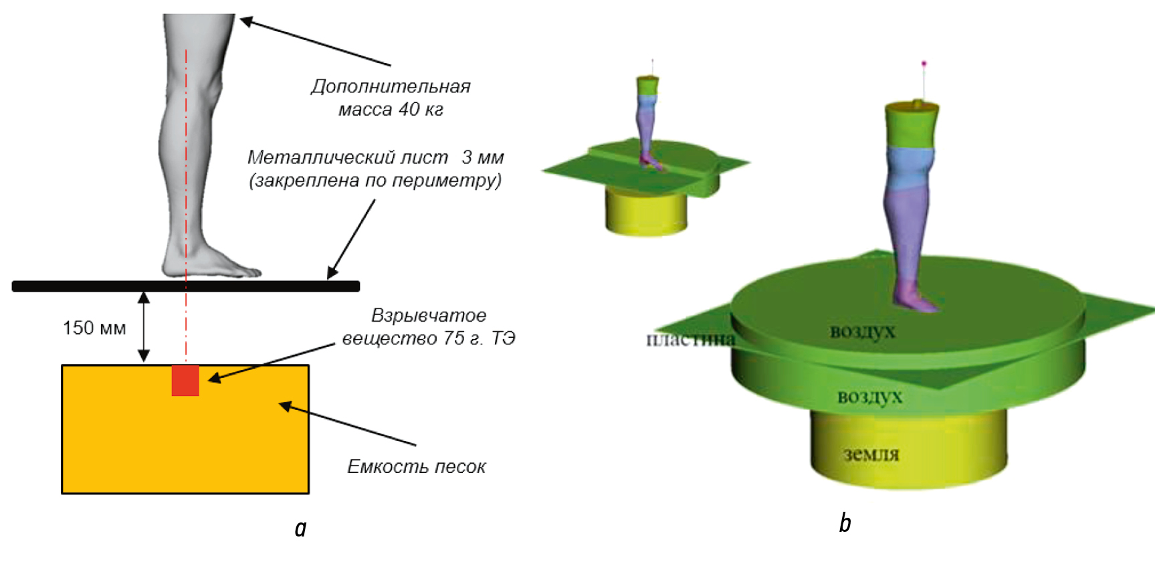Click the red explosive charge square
click(x=185, y=380)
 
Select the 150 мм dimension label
click(x=94, y=328)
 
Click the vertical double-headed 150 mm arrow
click(x=144, y=327)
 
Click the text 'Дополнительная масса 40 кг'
click(x=391, y=98)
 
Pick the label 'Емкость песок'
click(x=416, y=467)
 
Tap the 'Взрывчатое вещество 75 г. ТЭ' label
click(x=429, y=327)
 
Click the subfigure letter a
click(x=300, y=528)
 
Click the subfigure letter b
click(x=845, y=523)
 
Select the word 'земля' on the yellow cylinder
click(x=871, y=455)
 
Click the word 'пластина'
click(x=690, y=340)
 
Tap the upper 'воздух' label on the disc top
click(x=862, y=331)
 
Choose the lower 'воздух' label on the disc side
click(x=869, y=397)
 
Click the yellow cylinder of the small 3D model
click(x=645, y=213)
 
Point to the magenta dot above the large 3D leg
click(x=924, y=64)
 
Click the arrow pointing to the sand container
click(x=347, y=424)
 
